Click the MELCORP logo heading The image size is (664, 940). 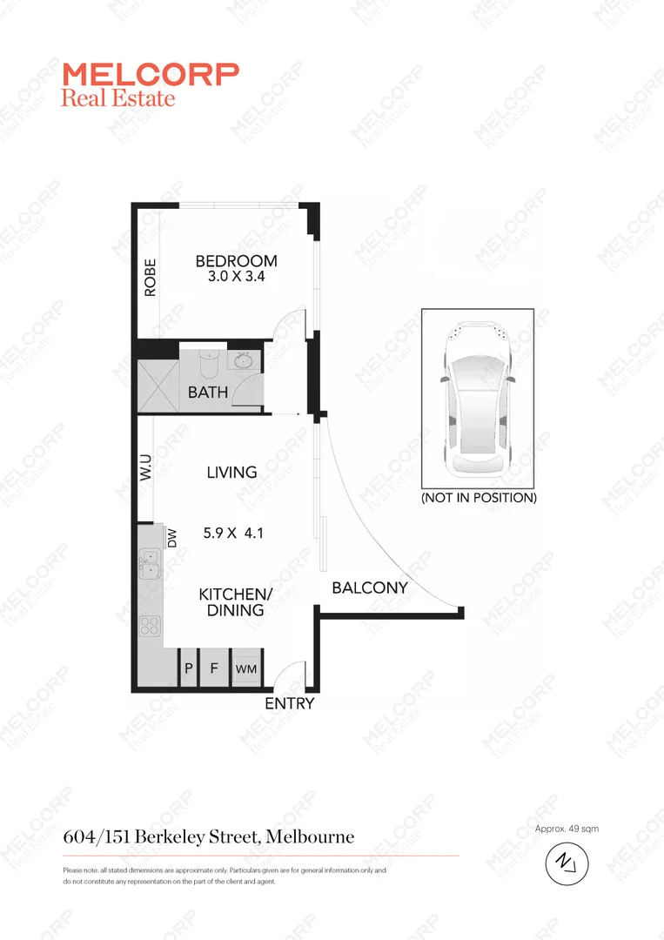click(150, 74)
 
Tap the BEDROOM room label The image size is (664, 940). click(236, 261)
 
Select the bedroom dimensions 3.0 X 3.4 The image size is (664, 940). click(236, 279)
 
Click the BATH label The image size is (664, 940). click(208, 393)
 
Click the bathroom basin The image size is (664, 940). click(244, 359)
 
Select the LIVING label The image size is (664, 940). click(231, 473)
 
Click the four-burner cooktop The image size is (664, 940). click(149, 625)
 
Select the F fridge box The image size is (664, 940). click(214, 669)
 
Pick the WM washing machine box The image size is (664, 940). click(246, 669)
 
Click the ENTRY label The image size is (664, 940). click(289, 703)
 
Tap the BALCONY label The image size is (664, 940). click(370, 588)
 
